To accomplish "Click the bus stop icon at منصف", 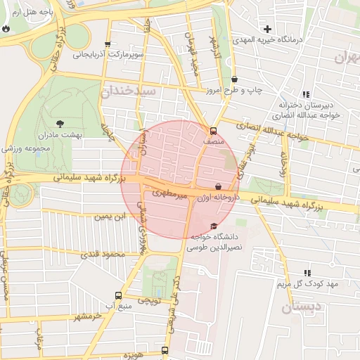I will point(213,131).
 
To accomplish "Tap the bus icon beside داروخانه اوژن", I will point(218,187).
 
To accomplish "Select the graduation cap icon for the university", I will point(214,226).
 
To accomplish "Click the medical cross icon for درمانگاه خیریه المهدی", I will point(267,29).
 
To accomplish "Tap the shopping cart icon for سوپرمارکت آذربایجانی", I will point(107,44).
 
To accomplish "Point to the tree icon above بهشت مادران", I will point(60,123).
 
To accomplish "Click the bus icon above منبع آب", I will point(117,296).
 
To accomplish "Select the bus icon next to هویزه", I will point(165,349).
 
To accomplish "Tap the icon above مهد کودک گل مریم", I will point(307,272).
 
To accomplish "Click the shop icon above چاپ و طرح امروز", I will point(234,79).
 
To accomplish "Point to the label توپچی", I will point(149,300).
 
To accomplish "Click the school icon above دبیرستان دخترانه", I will point(306,94).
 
